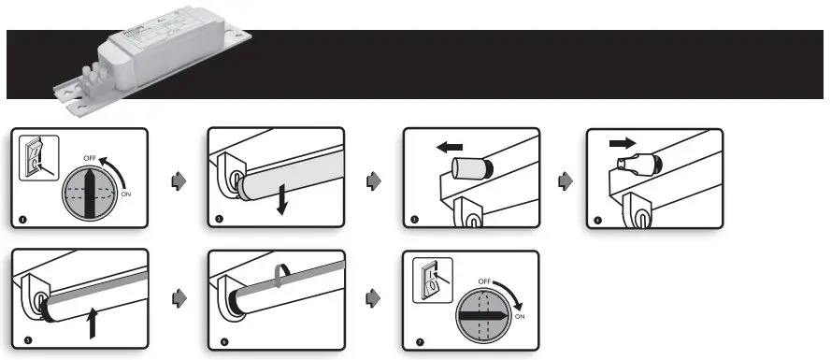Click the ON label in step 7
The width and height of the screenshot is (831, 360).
pos(521,316)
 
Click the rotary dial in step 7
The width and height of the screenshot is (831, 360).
pos(482,317)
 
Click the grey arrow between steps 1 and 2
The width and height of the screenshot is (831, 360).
pos(178,180)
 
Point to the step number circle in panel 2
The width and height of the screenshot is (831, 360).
pos(219,220)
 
